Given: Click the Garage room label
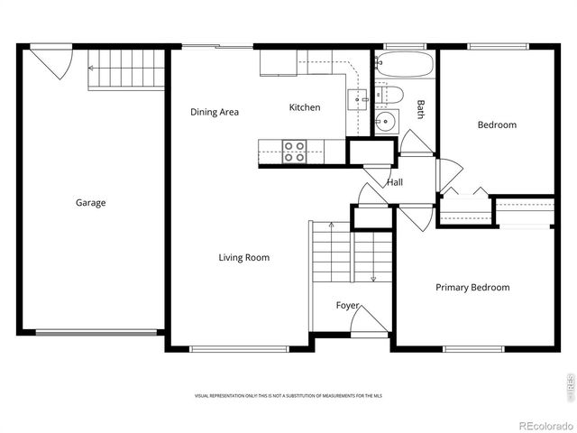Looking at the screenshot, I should point(90,203).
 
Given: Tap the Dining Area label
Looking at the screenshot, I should point(215,113).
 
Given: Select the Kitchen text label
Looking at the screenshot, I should point(304,108).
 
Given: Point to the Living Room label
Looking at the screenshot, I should point(243,258).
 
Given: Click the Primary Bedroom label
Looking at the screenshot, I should point(472,288).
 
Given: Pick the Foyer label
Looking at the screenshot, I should point(348,306).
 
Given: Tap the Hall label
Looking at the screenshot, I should point(395,182).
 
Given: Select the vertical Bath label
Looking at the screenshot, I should point(420,109).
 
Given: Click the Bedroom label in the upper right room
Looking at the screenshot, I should point(497,125).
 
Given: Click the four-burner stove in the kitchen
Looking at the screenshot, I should point(294,152).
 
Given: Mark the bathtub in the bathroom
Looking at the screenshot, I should point(404,67).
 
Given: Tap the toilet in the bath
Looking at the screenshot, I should point(390,94).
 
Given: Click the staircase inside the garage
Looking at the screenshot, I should point(126,69).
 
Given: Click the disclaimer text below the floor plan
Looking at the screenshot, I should point(288,396).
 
